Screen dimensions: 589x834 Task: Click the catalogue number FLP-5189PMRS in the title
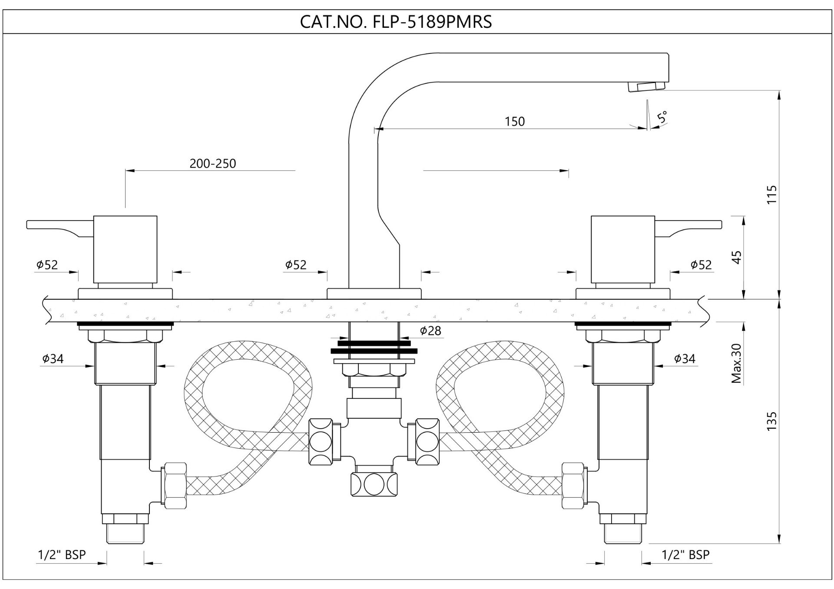tap(432, 22)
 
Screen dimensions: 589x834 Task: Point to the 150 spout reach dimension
tap(515, 121)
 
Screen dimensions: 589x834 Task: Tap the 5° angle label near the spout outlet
tap(662, 117)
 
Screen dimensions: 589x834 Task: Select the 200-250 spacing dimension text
tap(213, 163)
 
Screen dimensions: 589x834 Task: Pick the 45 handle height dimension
tap(737, 257)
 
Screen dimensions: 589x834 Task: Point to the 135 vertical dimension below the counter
tap(771, 421)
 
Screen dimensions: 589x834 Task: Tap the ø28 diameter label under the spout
tap(430, 331)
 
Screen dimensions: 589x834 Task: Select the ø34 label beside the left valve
tap(53, 359)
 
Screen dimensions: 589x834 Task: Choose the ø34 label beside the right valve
tap(685, 359)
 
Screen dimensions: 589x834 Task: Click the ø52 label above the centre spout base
tap(296, 265)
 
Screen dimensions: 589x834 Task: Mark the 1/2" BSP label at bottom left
tap(62, 555)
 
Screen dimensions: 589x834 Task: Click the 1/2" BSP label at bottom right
tap(685, 555)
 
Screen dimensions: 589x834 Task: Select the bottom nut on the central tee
tap(374, 484)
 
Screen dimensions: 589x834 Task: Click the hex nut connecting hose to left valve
tap(175, 486)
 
